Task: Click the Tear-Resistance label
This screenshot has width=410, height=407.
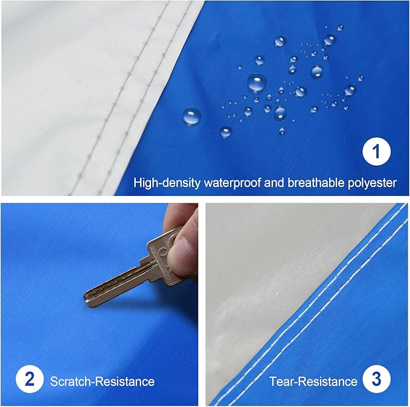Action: [x=313, y=381]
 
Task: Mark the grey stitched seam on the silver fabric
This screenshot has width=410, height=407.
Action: [x=145, y=90]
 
